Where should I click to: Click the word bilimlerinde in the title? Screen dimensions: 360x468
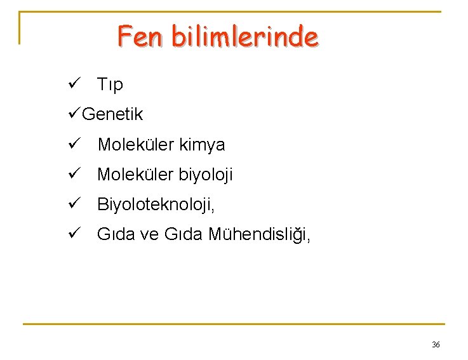click(244, 36)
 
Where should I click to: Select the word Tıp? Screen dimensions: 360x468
click(110, 84)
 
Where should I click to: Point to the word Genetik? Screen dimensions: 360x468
click(112, 114)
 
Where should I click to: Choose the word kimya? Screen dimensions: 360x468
click(202, 145)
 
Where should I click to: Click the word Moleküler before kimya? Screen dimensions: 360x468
click(135, 145)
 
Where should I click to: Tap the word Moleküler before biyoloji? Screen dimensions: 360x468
click(135, 175)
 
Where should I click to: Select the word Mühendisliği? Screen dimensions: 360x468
click(260, 235)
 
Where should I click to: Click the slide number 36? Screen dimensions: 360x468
click(436, 344)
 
